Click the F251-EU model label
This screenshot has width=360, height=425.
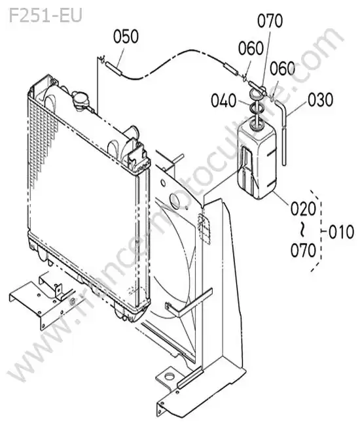pyautogui.click(x=45, y=16)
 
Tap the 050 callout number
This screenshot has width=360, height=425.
pyautogui.click(x=126, y=37)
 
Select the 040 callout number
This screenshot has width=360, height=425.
pyautogui.click(x=224, y=101)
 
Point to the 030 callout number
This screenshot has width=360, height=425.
pyautogui.click(x=320, y=100)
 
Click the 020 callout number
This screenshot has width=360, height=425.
pyautogui.click(x=304, y=209)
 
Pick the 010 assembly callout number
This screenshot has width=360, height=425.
pyautogui.click(x=341, y=232)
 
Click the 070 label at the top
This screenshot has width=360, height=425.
pyautogui.click(x=270, y=21)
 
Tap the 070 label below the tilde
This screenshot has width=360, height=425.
pyautogui.click(x=304, y=250)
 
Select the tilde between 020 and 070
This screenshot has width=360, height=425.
pyautogui.click(x=302, y=229)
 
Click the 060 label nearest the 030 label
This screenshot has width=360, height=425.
pyautogui.click(x=282, y=68)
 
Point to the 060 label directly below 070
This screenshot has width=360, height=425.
pyautogui.click(x=251, y=48)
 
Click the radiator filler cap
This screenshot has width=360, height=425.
pyautogui.click(x=81, y=101)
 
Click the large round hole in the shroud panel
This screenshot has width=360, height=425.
pyautogui.click(x=175, y=201)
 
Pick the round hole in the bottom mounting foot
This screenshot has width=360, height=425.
pyautogui.click(x=170, y=376)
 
